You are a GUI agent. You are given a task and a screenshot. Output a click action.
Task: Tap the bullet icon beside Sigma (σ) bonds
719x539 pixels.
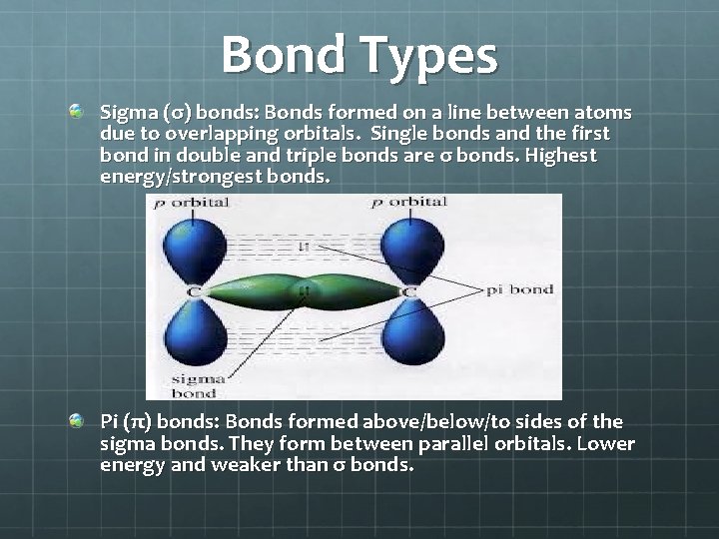[77, 112]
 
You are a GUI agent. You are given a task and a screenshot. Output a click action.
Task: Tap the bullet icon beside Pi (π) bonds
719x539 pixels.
[77, 421]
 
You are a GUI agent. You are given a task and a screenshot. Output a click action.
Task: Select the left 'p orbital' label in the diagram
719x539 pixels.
[191, 203]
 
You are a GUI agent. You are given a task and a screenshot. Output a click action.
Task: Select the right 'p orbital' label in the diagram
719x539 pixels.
[409, 203]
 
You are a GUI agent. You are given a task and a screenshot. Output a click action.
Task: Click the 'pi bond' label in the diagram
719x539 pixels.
[519, 289]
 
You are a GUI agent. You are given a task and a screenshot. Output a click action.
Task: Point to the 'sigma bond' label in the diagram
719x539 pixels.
[190, 385]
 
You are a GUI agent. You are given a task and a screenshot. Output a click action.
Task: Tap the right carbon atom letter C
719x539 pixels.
[408, 291]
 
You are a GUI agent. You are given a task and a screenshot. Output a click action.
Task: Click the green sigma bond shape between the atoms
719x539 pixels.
[300, 291]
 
